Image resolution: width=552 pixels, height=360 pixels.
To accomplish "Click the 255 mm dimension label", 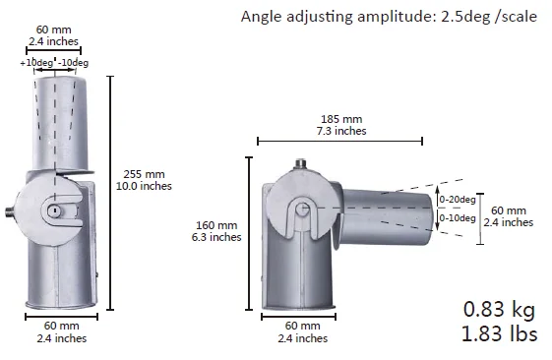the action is [x=144, y=174].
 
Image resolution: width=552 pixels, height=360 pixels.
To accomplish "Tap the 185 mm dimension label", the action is [x=341, y=119].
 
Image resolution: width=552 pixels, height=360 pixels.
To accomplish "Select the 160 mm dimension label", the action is [x=216, y=225].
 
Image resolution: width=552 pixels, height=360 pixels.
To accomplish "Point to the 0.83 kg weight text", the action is [x=499, y=310].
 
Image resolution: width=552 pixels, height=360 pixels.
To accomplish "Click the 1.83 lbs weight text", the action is [x=499, y=333].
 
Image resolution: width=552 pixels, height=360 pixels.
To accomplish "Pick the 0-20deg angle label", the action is [x=458, y=200].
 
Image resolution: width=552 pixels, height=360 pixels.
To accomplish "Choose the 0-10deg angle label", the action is [x=458, y=218].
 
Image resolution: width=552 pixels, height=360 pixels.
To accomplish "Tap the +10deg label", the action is [x=36, y=63].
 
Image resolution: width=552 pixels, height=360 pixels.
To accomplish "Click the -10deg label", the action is [x=73, y=63].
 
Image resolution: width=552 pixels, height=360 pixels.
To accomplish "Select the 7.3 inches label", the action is [x=341, y=131].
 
